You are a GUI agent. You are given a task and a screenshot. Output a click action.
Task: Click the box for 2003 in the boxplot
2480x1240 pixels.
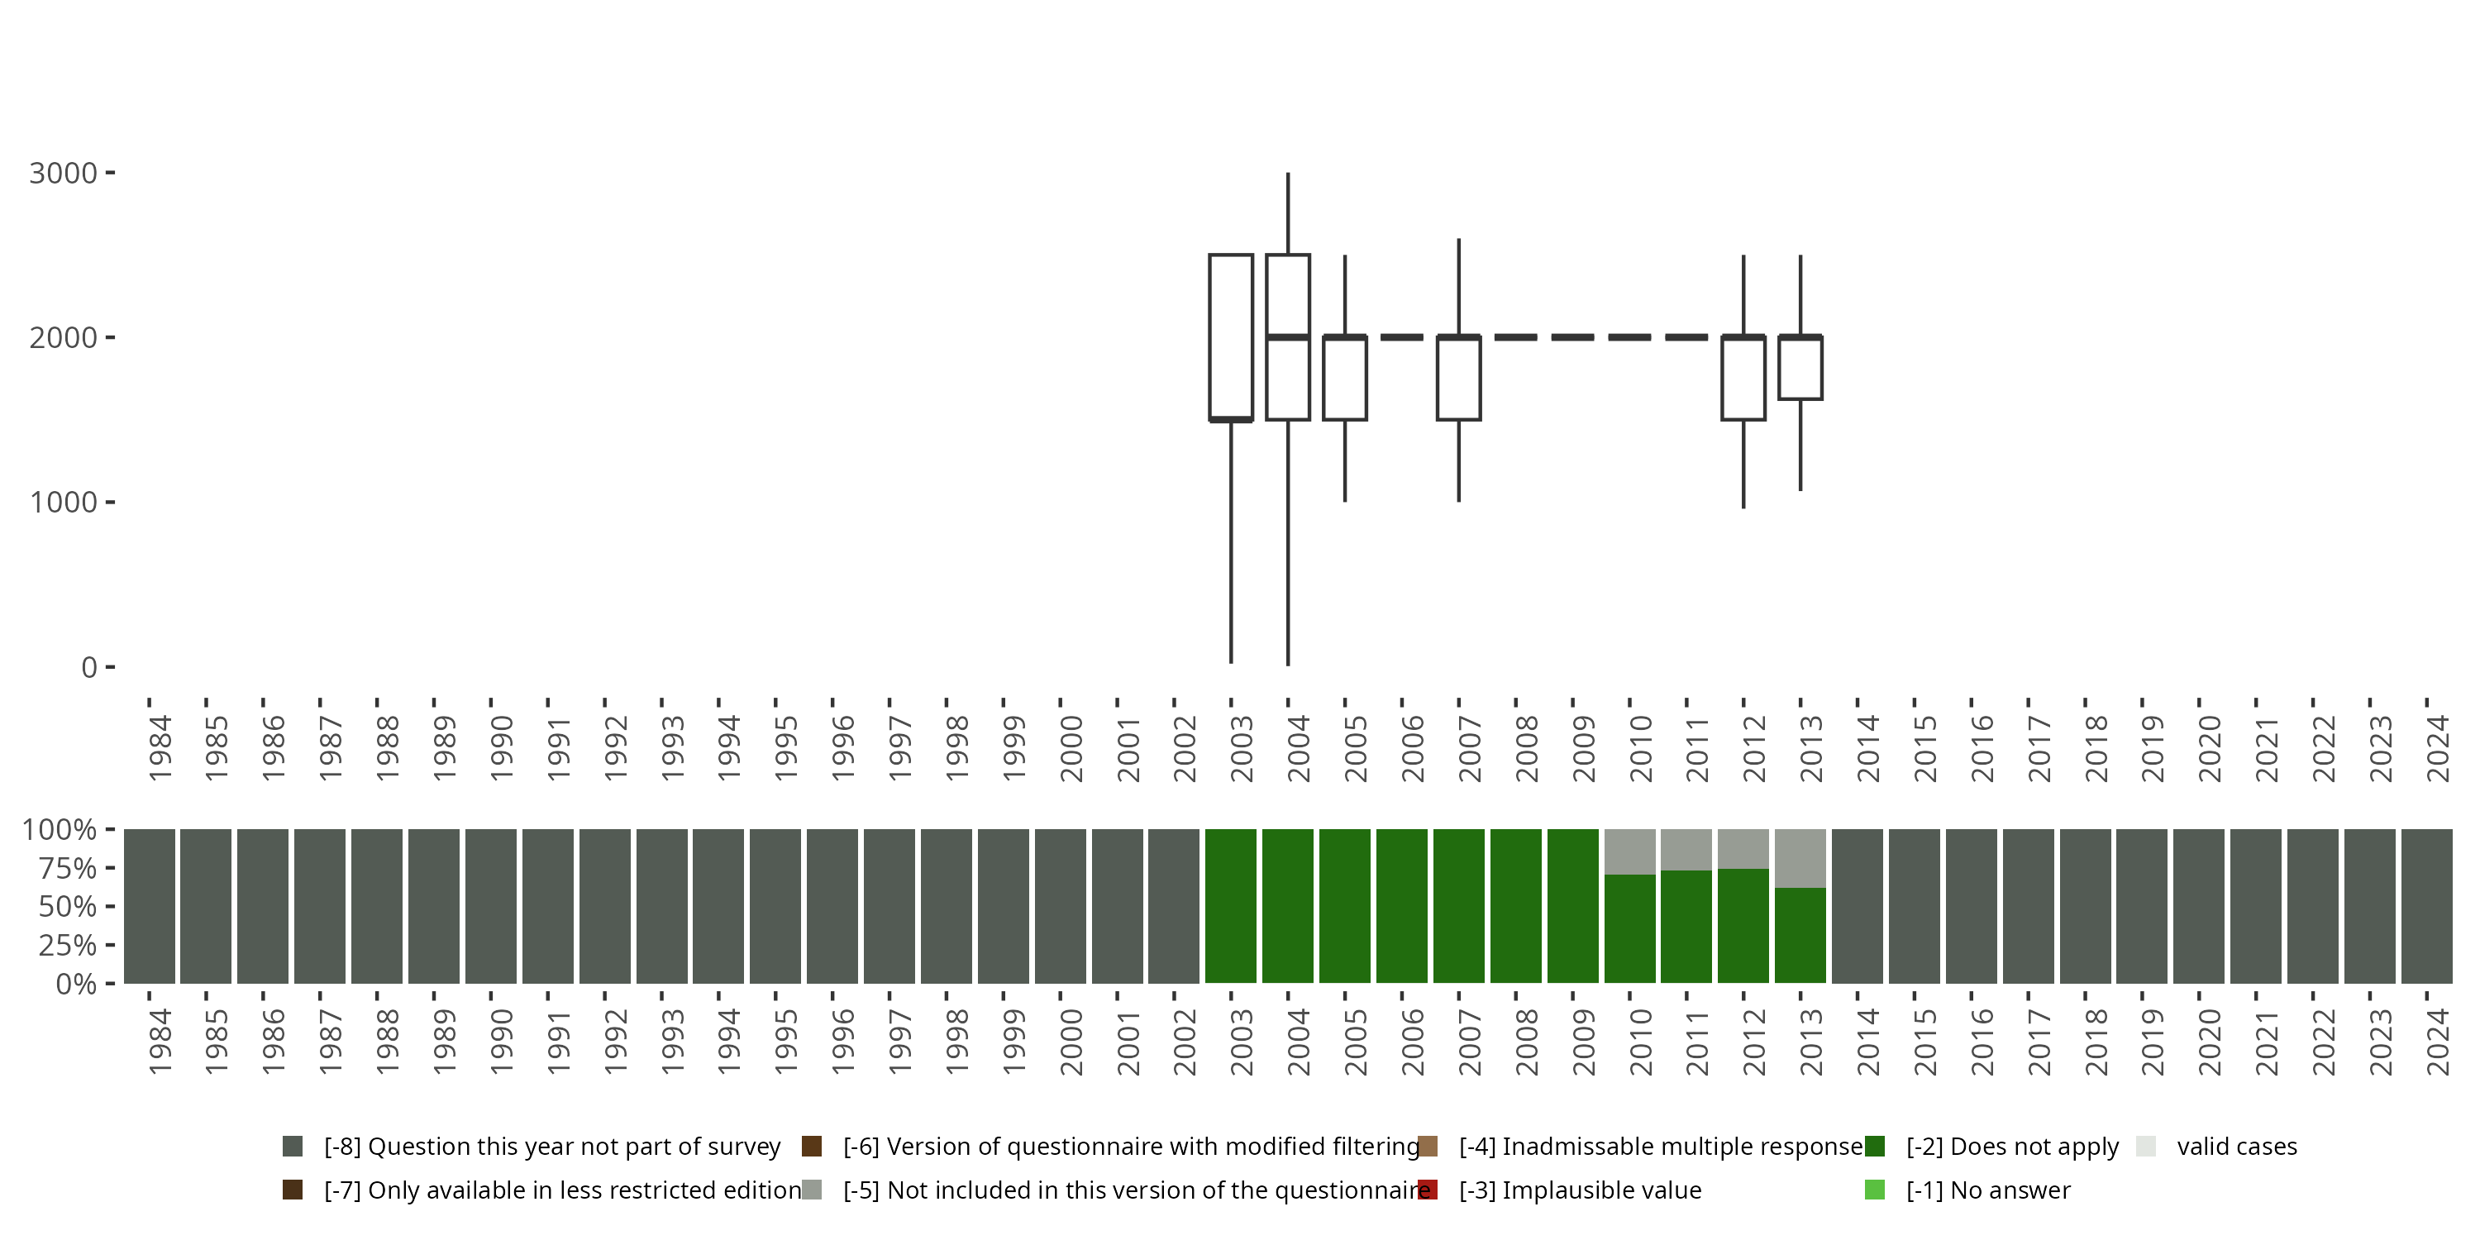[x=1230, y=337]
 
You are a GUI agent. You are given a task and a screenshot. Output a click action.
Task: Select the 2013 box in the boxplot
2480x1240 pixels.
[x=1800, y=368]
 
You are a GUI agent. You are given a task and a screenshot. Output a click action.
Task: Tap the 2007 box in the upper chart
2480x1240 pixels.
[x=1458, y=379]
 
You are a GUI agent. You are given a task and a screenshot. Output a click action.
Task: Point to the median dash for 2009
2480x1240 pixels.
[x=1572, y=337]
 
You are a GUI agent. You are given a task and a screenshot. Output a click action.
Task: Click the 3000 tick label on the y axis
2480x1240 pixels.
[x=64, y=174]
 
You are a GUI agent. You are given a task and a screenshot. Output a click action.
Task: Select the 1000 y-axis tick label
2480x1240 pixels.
[x=64, y=503]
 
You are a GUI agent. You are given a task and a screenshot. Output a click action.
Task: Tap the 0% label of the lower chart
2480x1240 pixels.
[x=75, y=984]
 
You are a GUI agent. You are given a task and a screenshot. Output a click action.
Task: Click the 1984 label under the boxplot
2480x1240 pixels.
[x=160, y=748]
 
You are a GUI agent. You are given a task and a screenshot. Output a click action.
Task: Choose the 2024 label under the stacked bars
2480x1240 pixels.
[x=2438, y=1042]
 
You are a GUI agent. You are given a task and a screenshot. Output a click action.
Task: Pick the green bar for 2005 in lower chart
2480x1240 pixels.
[x=1345, y=906]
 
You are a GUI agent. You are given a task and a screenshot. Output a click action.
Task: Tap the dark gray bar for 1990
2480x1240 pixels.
[x=491, y=906]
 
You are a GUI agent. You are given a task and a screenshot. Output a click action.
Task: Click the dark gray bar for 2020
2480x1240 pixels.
[x=2199, y=906]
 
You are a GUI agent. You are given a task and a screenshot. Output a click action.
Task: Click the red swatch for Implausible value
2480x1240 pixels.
[x=1428, y=1190]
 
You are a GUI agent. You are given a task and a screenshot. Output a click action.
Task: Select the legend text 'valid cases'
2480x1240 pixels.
[x=2236, y=1147]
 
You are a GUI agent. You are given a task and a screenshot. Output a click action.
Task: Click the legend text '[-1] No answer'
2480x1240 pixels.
[x=1988, y=1190]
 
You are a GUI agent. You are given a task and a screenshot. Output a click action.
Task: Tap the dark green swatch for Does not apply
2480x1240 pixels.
[x=1874, y=1147]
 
